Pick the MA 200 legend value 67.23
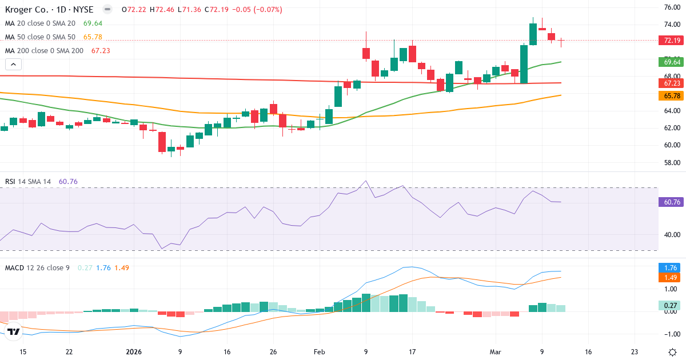100,51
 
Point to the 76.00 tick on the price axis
671,7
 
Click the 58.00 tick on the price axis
671,163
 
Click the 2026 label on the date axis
133,352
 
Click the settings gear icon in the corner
673,352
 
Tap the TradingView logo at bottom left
14,331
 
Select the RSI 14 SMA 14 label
28,182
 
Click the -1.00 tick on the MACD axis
671,334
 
